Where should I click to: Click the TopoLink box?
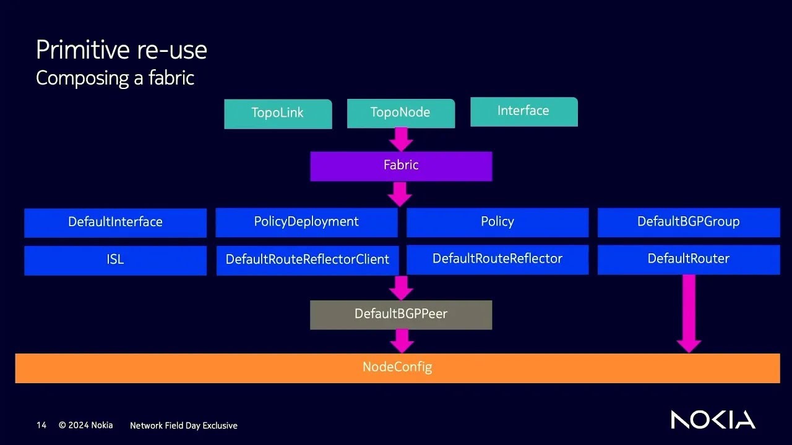[x=278, y=114]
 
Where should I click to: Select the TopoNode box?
[x=400, y=113]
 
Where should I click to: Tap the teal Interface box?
[x=523, y=111]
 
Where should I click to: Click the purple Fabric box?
[x=401, y=166]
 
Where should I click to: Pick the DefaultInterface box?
[x=115, y=222]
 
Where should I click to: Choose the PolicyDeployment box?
[x=306, y=222]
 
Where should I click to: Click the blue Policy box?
[x=497, y=222]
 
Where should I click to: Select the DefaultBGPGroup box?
[x=688, y=222]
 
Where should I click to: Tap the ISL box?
[x=115, y=260]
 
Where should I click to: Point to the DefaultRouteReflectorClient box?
[x=307, y=260]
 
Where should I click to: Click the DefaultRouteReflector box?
[x=497, y=260]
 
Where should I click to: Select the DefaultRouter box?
[x=688, y=260]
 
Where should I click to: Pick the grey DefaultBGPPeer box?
[x=401, y=315]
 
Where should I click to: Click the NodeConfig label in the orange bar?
[x=397, y=367]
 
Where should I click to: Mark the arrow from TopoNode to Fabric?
[x=401, y=139]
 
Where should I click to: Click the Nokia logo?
[x=713, y=420]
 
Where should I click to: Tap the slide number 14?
[x=41, y=425]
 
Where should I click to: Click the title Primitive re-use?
[x=121, y=50]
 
